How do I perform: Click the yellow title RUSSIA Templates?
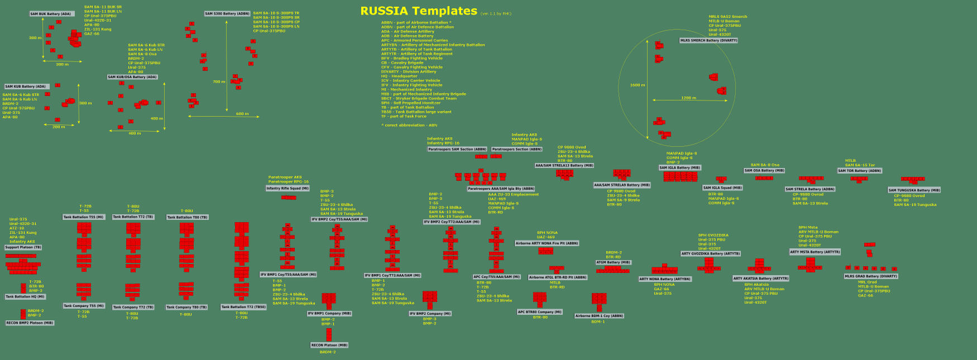pyautogui.click(x=418, y=11)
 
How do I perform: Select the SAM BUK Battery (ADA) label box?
pyautogui.click(x=51, y=14)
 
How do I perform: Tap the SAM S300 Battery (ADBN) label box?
pyautogui.click(x=227, y=13)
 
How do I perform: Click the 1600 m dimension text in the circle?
pyautogui.click(x=638, y=85)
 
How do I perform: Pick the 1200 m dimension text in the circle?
pyautogui.click(x=688, y=98)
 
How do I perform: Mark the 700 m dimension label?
pyautogui.click(x=219, y=81)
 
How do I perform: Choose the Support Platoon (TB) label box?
pyautogui.click(x=23, y=247)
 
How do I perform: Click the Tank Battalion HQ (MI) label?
pyautogui.click(x=25, y=297)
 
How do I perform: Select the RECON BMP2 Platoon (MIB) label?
pyautogui.click(x=30, y=323)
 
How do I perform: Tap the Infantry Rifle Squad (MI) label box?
pyautogui.click(x=288, y=189)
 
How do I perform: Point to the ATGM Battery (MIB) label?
pyautogui.click(x=613, y=262)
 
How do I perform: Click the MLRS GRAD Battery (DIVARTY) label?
pyautogui.click(x=871, y=276)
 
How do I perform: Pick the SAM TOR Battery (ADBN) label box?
pyautogui.click(x=860, y=171)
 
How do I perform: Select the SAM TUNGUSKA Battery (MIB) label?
pyautogui.click(x=914, y=190)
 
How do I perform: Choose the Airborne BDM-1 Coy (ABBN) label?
pyautogui.click(x=599, y=316)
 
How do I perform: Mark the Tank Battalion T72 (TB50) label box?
pyautogui.click(x=243, y=307)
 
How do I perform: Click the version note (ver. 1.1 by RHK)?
pyautogui.click(x=496, y=13)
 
